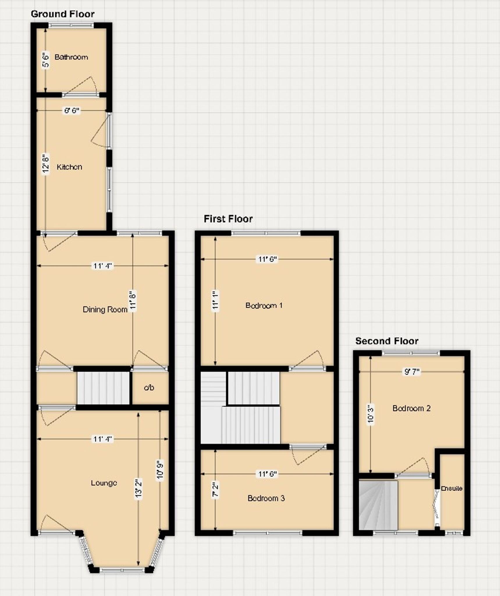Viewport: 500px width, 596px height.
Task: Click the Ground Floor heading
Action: pos(63,14)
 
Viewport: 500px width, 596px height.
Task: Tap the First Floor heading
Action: pos(228,219)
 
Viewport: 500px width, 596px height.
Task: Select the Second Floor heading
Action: pos(387,341)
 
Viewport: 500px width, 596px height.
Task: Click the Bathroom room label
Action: pos(71,57)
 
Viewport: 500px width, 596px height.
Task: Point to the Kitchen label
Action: pos(69,167)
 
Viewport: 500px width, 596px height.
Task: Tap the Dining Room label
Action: pos(105,309)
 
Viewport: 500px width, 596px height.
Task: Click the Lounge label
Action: pos(104,483)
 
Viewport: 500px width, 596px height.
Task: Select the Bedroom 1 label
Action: pos(264,305)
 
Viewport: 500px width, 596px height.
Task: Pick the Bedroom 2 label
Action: pos(411,408)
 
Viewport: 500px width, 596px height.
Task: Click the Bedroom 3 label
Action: pos(266,499)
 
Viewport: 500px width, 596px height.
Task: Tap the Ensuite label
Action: pos(451,489)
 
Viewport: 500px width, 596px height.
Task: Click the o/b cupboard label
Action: pos(149,388)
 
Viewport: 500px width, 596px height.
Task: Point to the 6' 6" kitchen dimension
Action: pos(72,111)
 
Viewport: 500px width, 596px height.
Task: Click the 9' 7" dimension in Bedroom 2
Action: pos(412,372)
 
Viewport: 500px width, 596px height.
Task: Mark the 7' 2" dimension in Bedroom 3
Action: pos(215,490)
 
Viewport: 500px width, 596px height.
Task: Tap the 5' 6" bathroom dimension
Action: pos(46,60)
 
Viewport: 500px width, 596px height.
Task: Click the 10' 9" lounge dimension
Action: pos(160,470)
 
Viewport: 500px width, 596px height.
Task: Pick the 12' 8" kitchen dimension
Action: pos(46,164)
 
